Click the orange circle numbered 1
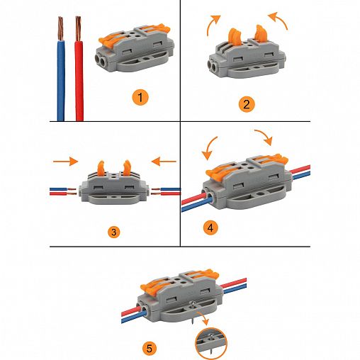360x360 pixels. pyautogui.click(x=140, y=98)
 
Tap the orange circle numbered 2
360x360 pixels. pyautogui.click(x=247, y=104)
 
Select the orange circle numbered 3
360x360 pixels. pyautogui.click(x=114, y=232)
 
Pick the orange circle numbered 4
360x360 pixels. pyautogui.click(x=210, y=227)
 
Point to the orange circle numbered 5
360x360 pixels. pyautogui.click(x=150, y=349)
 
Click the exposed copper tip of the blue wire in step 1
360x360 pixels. pyautogui.click(x=61, y=28)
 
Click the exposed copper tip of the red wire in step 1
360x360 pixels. pyautogui.click(x=79, y=28)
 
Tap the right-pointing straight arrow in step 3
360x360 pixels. pyautogui.click(x=65, y=162)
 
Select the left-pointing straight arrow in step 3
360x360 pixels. pyautogui.click(x=164, y=162)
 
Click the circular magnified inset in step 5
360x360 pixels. pyautogui.click(x=211, y=343)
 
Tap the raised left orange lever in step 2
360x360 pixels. pyautogui.click(x=234, y=38)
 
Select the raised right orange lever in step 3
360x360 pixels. pyautogui.click(x=126, y=168)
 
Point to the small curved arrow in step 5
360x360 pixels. pyautogui.click(x=203, y=316)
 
